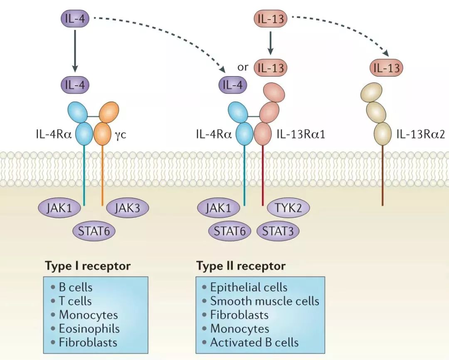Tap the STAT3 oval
(x=278, y=231)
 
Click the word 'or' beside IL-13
(x=243, y=67)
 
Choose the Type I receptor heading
(x=88, y=266)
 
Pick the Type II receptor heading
(x=241, y=266)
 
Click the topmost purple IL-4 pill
(x=75, y=19)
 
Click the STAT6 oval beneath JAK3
(x=94, y=231)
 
